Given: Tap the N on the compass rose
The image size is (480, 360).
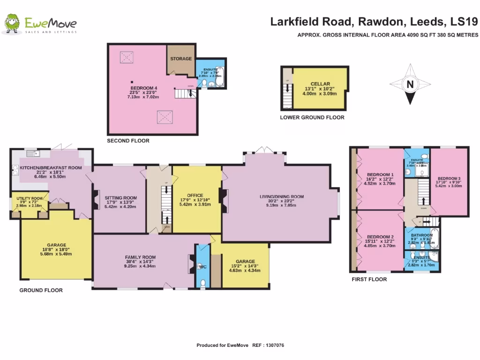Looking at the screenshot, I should pos(410,85).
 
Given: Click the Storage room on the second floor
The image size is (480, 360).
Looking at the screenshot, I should pos(181,59).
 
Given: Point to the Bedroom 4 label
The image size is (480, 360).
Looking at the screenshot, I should pos(143,87).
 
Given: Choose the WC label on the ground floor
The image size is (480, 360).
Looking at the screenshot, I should pos(202,267).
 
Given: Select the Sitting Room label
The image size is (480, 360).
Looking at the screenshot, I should pos(120,198).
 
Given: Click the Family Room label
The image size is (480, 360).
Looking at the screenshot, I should pos(140,257).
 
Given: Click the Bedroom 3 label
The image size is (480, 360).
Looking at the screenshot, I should pos(450,178).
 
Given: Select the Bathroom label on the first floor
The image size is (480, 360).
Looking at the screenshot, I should pos(422,235).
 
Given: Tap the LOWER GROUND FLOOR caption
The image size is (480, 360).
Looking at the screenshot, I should pos(312,118).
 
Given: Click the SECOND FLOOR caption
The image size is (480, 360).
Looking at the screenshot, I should pos(128,141).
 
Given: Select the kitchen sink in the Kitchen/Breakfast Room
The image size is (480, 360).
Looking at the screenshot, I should pos(32,153).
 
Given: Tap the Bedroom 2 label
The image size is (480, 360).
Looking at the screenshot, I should pos(380,236).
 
